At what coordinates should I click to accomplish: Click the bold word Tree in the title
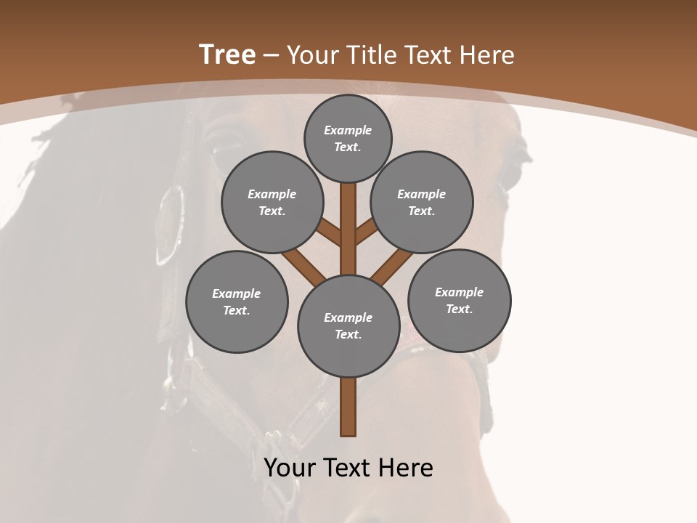227,54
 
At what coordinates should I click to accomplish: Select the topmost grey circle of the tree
348,139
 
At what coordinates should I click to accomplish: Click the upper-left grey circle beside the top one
272,202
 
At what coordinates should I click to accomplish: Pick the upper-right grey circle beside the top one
422,202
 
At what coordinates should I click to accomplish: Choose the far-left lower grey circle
237,301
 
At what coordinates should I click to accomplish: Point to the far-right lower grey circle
459,300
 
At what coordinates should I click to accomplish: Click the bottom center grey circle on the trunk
348,325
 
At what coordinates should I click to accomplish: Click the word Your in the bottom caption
289,468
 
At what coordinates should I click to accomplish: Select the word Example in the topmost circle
348,131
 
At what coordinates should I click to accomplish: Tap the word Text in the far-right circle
458,309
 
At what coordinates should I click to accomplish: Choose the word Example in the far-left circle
237,293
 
